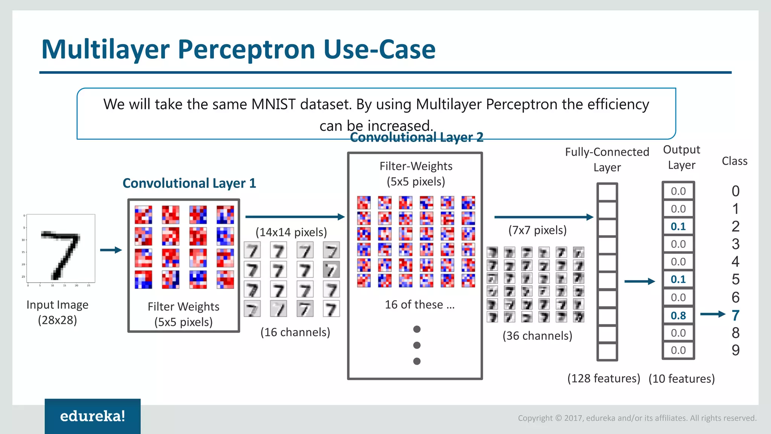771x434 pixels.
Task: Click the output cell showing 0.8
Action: point(678,315)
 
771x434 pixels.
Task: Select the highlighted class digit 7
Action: point(736,315)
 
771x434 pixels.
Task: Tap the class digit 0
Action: point(736,191)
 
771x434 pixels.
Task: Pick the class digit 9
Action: point(736,350)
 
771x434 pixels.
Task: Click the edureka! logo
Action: point(93,416)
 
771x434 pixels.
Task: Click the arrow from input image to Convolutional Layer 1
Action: point(111,250)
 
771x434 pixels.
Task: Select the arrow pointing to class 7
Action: point(712,314)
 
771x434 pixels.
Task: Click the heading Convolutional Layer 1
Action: point(189,183)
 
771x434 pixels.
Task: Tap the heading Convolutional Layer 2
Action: point(416,138)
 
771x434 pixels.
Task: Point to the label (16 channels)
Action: point(295,332)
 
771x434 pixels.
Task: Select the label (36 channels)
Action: point(537,335)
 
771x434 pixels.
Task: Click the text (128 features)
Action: point(603,378)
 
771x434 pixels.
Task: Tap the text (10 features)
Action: point(681,379)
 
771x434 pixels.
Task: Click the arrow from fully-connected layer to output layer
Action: point(639,281)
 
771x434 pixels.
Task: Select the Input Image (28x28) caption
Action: point(57,312)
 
